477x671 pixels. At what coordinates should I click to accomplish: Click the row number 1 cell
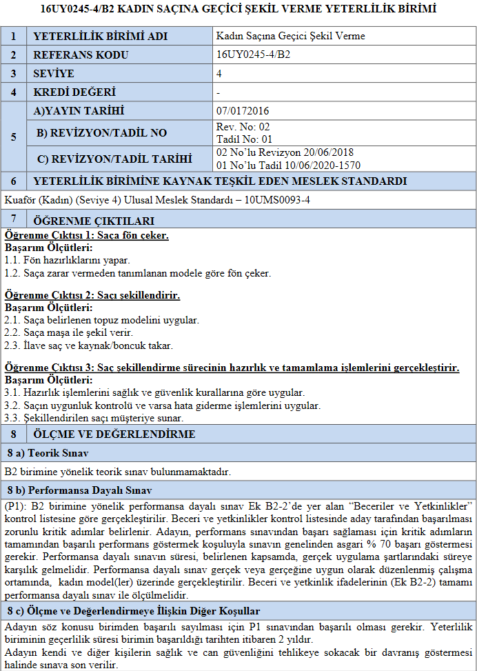(x=14, y=36)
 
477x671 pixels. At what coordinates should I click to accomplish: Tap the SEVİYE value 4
(x=219, y=73)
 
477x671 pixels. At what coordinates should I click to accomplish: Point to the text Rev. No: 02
(x=243, y=127)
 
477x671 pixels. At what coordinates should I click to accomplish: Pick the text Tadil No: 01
(x=244, y=138)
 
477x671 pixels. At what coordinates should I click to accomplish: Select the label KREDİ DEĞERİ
(x=74, y=92)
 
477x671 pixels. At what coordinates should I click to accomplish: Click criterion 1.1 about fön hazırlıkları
(x=67, y=260)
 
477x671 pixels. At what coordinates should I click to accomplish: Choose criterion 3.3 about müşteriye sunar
(x=94, y=417)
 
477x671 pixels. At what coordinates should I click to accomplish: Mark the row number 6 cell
(x=14, y=181)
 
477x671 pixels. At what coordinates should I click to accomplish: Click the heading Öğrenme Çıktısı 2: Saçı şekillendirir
(x=92, y=295)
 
